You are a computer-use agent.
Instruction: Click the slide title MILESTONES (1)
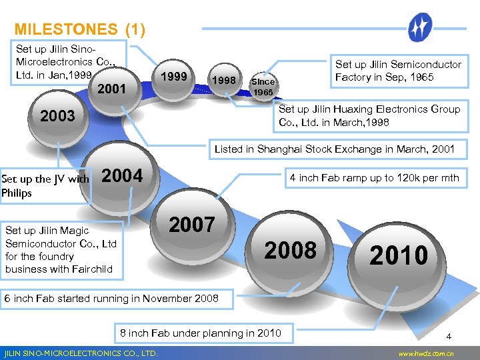point(79,29)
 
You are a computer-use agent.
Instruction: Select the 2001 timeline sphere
point(113,87)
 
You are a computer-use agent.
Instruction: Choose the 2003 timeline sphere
point(58,116)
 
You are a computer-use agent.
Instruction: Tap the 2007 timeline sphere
point(192,225)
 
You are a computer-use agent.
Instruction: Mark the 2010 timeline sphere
point(399,255)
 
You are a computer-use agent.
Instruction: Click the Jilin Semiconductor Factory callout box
point(398,71)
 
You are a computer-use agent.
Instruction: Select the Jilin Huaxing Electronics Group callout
point(369,115)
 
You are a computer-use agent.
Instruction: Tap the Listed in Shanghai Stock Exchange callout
point(334,149)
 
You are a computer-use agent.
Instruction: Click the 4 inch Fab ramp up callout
point(373,178)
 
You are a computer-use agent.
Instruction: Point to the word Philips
point(17,193)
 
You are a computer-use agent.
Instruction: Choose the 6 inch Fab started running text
point(111,298)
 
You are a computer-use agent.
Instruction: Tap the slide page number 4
point(449,337)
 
